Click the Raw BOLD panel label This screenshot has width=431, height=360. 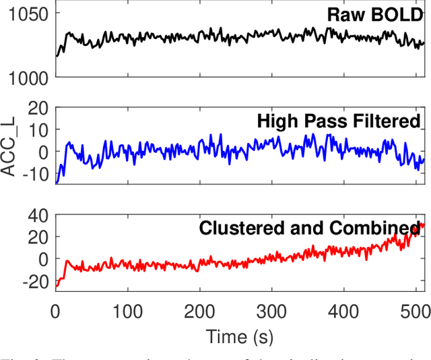click(374, 15)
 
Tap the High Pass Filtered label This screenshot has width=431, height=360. click(338, 121)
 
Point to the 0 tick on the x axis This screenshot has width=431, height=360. click(56, 310)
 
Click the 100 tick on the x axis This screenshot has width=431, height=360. click(127, 310)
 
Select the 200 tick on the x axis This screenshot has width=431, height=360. click(199, 310)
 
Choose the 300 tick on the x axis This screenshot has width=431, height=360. click(271, 310)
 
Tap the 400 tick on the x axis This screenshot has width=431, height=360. click(343, 310)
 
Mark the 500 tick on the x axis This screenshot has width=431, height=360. click(415, 310)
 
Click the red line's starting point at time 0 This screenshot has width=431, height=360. click(56, 286)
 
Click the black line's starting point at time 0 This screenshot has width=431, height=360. click(56, 56)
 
